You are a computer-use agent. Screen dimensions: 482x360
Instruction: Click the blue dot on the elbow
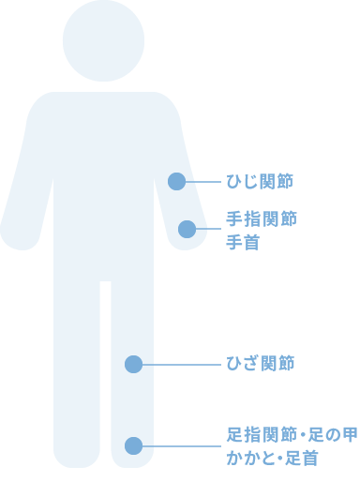[x=176, y=181]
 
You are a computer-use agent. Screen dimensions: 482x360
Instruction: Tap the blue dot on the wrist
[x=187, y=229]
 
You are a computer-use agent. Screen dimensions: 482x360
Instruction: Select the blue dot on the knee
[x=133, y=364]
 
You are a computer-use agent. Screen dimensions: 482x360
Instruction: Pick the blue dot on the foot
[x=133, y=445]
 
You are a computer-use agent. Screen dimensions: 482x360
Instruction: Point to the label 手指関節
[x=262, y=219]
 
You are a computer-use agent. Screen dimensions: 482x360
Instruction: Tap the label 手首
[x=242, y=243]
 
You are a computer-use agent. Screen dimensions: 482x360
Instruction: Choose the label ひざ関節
[x=261, y=363]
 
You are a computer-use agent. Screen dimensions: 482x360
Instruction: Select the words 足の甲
[x=331, y=435]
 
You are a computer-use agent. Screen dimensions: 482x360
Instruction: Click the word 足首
[x=301, y=459]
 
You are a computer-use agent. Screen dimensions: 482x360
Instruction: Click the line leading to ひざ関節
[x=183, y=364]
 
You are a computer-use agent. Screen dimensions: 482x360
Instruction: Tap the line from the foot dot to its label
[x=183, y=445]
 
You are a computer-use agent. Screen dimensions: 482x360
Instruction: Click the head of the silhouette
[x=103, y=40]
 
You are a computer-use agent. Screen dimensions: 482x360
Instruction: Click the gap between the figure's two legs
[x=106, y=375]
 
